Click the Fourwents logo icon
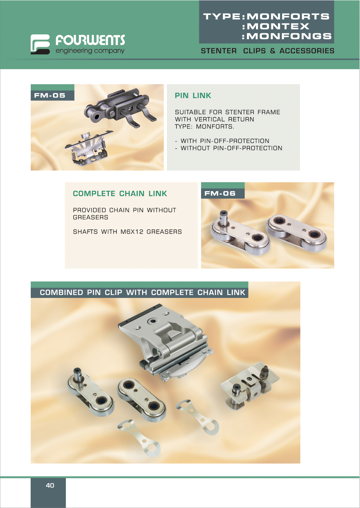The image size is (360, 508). tap(40, 44)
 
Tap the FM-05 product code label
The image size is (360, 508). tap(50, 95)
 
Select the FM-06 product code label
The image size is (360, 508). tap(220, 193)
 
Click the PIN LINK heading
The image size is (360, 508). tap(193, 96)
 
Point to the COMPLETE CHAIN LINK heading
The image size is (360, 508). tap(120, 194)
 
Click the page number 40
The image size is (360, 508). tap(50, 485)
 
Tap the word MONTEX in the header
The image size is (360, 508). tap(278, 26)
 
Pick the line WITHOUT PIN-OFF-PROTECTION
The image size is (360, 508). tap(231, 148)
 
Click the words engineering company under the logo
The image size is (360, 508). tap(90, 51)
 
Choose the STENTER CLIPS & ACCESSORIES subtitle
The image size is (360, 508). tap(268, 51)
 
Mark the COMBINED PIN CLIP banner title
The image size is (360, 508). tap(142, 293)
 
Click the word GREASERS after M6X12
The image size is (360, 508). tap(164, 232)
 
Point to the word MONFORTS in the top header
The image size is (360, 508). tap(288, 17)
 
